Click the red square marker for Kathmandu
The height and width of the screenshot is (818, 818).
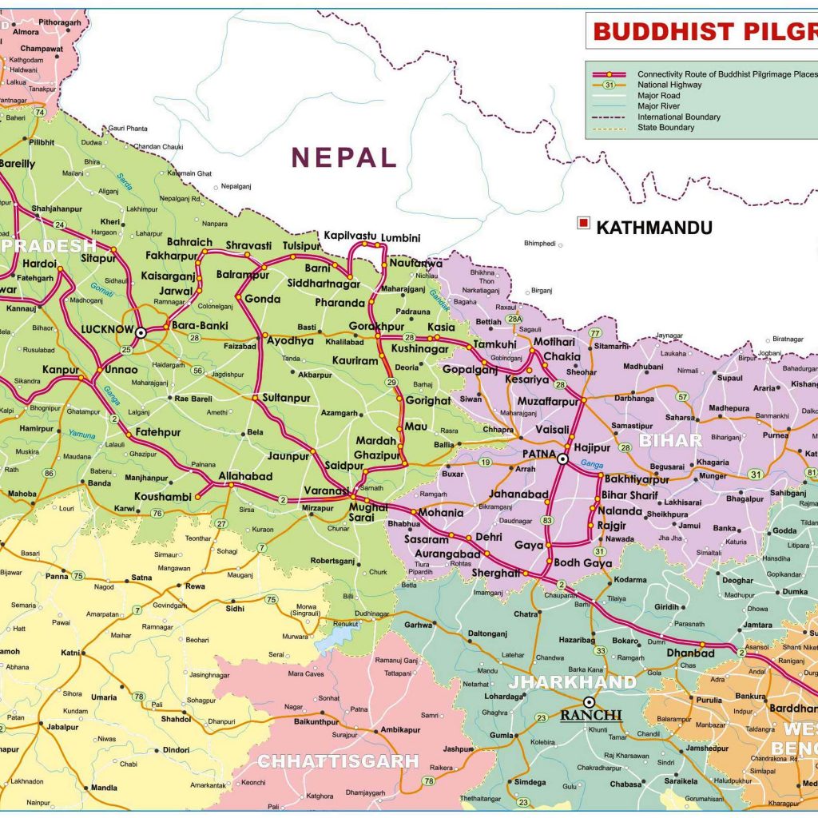click(x=585, y=224)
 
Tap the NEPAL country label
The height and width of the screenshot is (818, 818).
click(x=343, y=157)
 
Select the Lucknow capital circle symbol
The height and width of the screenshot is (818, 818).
click(x=141, y=332)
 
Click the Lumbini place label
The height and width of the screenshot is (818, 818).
click(x=400, y=237)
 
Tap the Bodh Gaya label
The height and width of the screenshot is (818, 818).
click(x=583, y=563)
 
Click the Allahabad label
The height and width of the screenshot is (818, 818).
click(x=245, y=477)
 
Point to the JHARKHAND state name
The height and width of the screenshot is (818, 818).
click(x=573, y=682)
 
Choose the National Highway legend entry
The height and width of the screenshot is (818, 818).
click(x=669, y=85)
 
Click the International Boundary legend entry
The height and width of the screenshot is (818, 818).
click(x=678, y=117)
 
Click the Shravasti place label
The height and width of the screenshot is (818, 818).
click(x=248, y=245)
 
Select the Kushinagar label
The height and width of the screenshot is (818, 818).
click(x=419, y=350)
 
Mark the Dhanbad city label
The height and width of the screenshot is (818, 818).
click(x=690, y=653)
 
